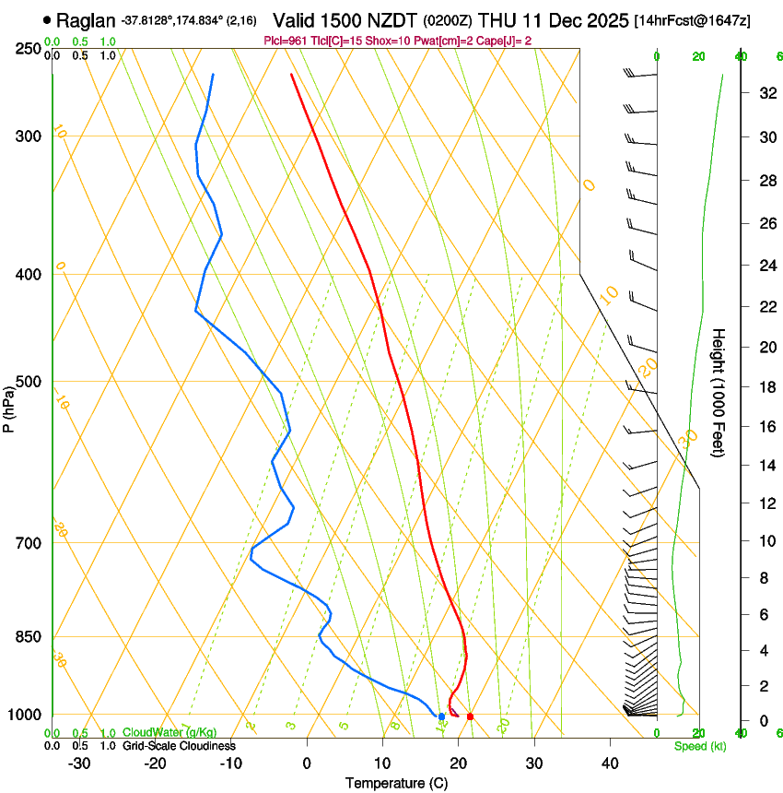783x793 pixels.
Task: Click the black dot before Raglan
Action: [x=47, y=19]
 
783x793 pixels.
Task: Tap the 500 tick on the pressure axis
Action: [x=28, y=382]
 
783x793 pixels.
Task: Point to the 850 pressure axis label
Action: [x=28, y=636]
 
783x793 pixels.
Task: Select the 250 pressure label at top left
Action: [x=28, y=49]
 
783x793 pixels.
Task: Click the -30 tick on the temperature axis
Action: [x=79, y=763]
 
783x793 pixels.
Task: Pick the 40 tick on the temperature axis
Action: [x=609, y=763]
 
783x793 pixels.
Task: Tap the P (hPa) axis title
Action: [x=8, y=404]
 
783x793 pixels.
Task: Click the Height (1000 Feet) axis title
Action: [x=719, y=392]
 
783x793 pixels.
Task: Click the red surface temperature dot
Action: [x=470, y=716]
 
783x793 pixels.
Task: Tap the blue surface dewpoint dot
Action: [x=442, y=716]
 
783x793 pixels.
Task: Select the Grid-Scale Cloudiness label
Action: [x=179, y=745]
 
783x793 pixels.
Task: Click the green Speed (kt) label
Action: [x=699, y=746]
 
